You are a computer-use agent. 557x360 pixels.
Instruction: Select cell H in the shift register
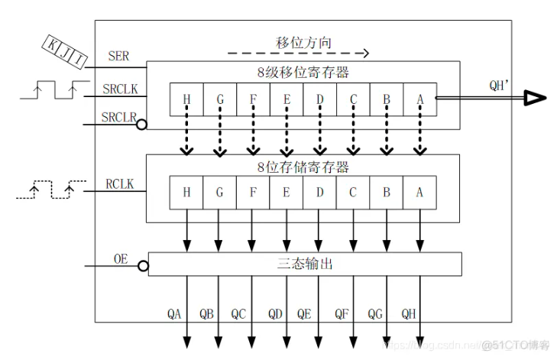click(x=186, y=100)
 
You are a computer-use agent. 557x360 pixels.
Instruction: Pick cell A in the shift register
click(x=419, y=100)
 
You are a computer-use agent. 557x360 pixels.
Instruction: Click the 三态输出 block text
click(x=305, y=264)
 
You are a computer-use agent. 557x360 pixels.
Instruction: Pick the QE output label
click(x=303, y=314)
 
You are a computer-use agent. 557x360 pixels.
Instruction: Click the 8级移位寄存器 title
click(x=303, y=73)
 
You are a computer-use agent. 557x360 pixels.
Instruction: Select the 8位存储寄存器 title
click(x=303, y=167)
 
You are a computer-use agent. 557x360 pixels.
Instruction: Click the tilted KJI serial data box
click(x=63, y=54)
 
